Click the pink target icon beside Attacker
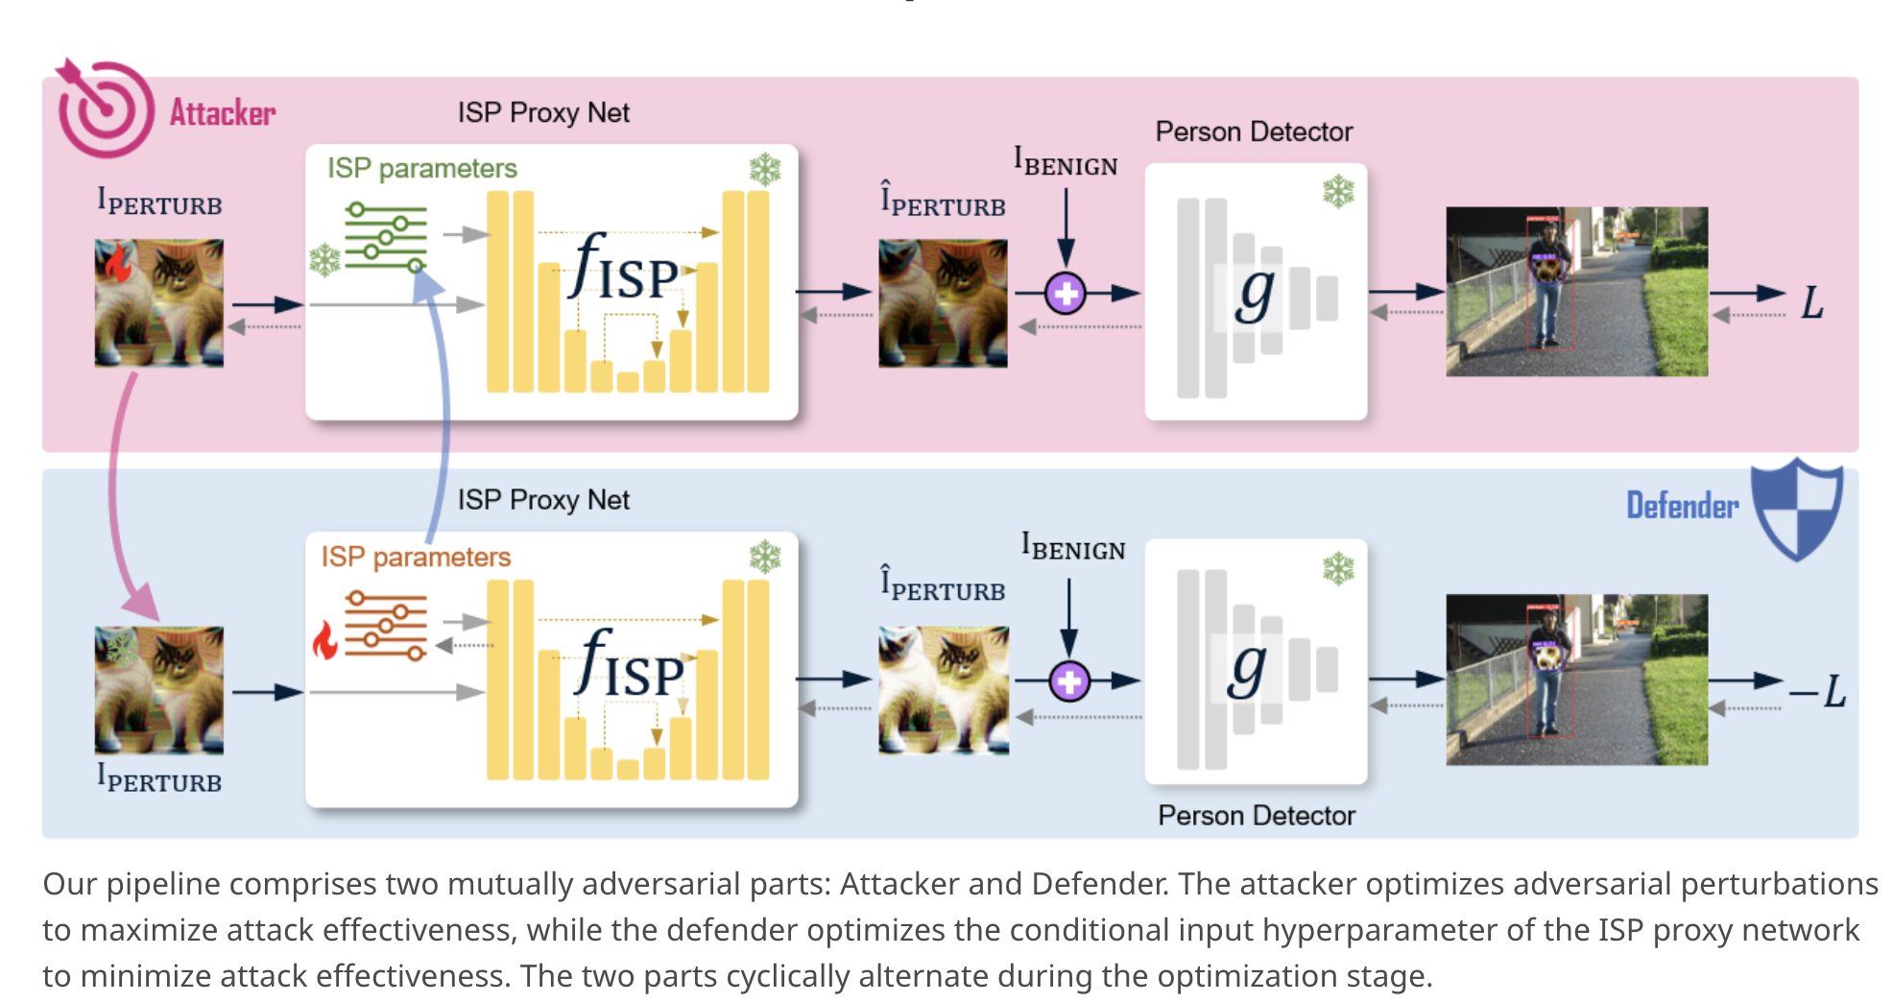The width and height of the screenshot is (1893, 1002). (104, 109)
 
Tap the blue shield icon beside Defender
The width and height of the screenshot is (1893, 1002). (1796, 509)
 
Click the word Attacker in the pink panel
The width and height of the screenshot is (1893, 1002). (223, 113)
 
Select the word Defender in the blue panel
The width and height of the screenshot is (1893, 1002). (1682, 506)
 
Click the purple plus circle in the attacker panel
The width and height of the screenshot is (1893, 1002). (1066, 294)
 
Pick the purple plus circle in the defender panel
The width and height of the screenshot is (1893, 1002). (1068, 681)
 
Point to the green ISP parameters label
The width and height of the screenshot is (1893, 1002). (421, 169)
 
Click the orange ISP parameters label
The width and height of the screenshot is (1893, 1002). (416, 557)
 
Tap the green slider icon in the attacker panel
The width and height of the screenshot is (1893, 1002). (386, 236)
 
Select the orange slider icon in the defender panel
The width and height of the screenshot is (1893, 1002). (386, 626)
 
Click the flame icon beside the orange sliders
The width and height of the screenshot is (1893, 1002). (325, 640)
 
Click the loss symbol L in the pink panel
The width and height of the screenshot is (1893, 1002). (1811, 303)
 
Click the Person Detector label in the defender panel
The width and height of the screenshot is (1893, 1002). (1256, 816)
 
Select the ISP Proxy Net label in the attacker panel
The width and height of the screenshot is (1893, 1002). (543, 113)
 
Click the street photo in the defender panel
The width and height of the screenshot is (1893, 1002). (1576, 680)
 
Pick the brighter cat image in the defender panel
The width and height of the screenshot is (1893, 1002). (943, 690)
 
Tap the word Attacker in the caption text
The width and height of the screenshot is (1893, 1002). (899, 884)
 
